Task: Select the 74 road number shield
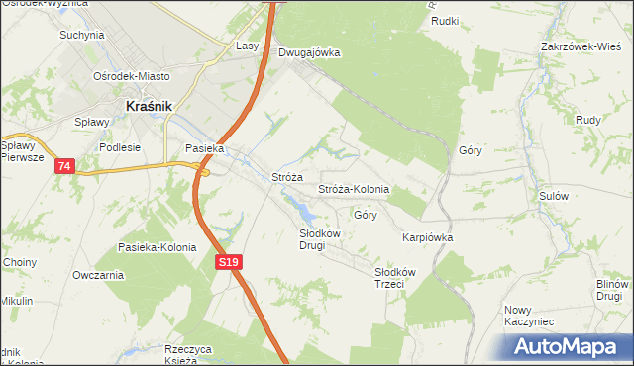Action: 64,166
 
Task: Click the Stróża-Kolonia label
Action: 353,189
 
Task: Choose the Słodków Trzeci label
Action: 395,278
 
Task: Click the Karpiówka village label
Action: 427,237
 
